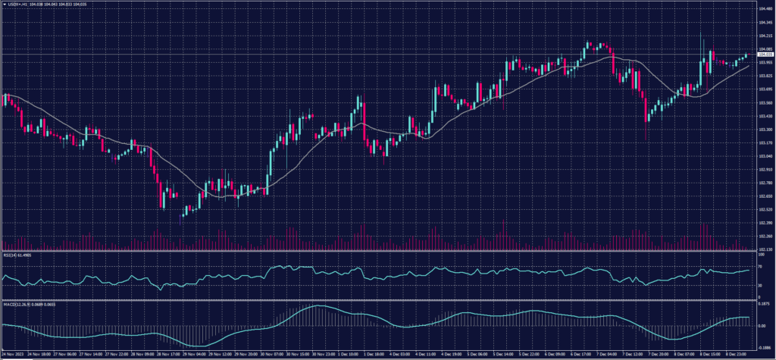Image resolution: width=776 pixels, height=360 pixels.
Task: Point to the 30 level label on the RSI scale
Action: pyautogui.click(x=760, y=286)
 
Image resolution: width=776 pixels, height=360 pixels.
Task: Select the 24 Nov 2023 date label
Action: pyautogui.click(x=11, y=353)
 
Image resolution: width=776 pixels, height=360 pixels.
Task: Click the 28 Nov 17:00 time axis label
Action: pyautogui.click(x=168, y=353)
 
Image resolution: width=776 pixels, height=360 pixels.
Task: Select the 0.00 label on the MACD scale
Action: pyautogui.click(x=762, y=326)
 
